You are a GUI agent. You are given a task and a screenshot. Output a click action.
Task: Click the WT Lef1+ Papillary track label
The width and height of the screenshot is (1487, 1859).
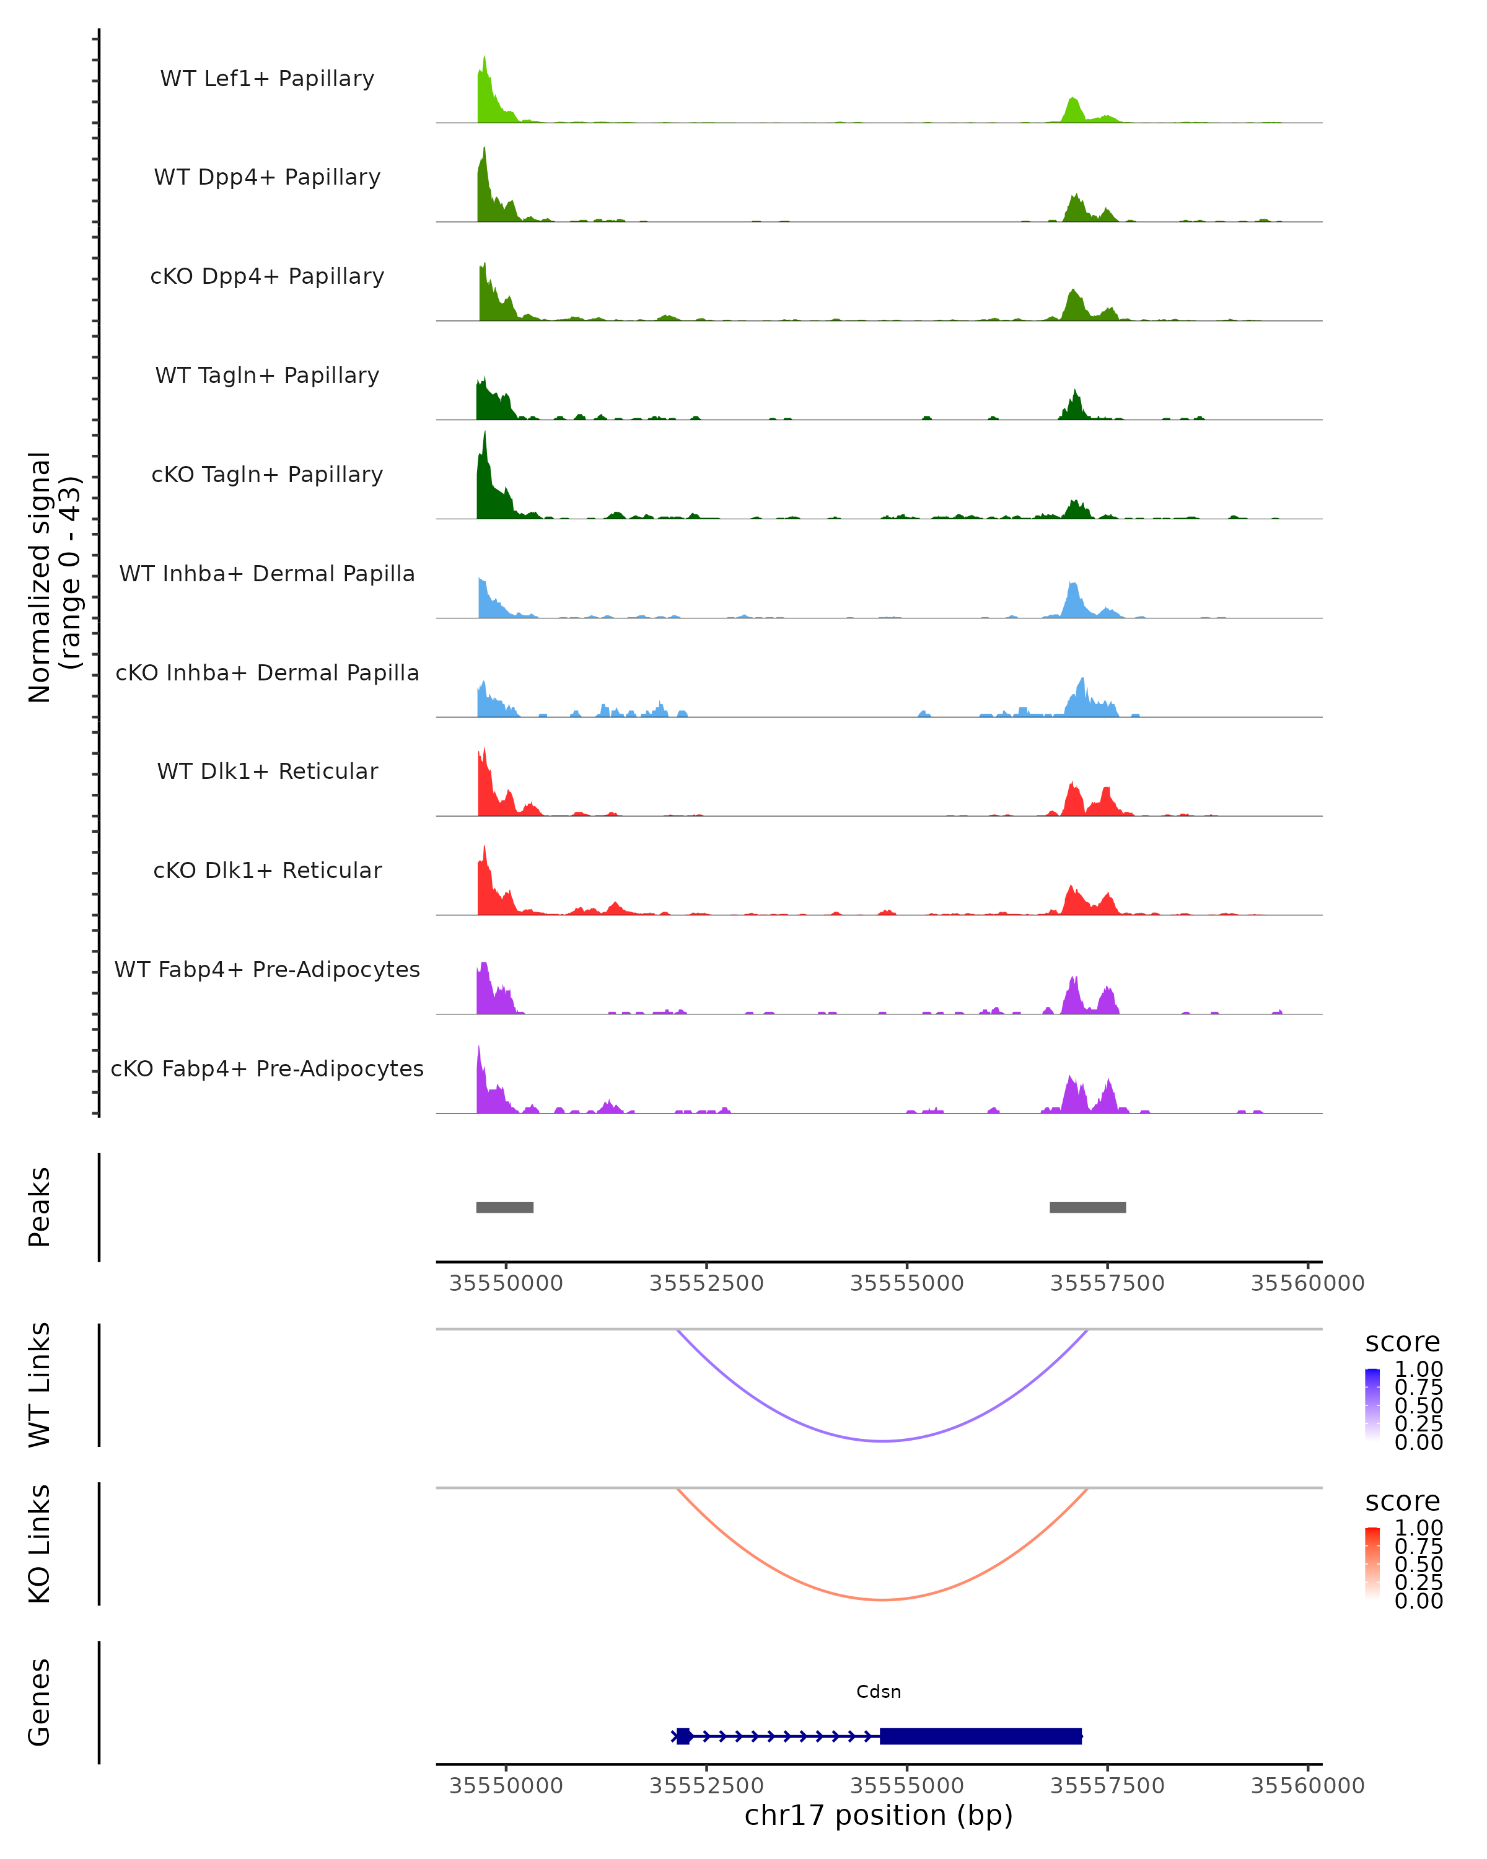[267, 79]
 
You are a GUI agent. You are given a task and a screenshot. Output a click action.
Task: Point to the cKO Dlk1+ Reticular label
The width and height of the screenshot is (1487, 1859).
[267, 870]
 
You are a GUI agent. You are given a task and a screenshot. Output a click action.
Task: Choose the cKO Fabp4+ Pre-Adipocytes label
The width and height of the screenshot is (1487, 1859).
[267, 1068]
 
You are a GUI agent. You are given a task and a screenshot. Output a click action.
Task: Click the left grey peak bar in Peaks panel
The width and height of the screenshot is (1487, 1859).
[504, 1207]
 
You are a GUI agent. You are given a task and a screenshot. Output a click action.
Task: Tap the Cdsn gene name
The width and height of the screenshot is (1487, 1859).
[879, 1692]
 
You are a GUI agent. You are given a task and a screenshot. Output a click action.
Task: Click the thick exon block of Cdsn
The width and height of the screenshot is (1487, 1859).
[980, 1736]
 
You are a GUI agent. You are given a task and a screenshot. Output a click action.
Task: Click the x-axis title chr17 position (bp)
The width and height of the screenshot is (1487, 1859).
[879, 1815]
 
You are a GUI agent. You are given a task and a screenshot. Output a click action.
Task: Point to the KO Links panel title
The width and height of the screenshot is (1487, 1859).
[40, 1544]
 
